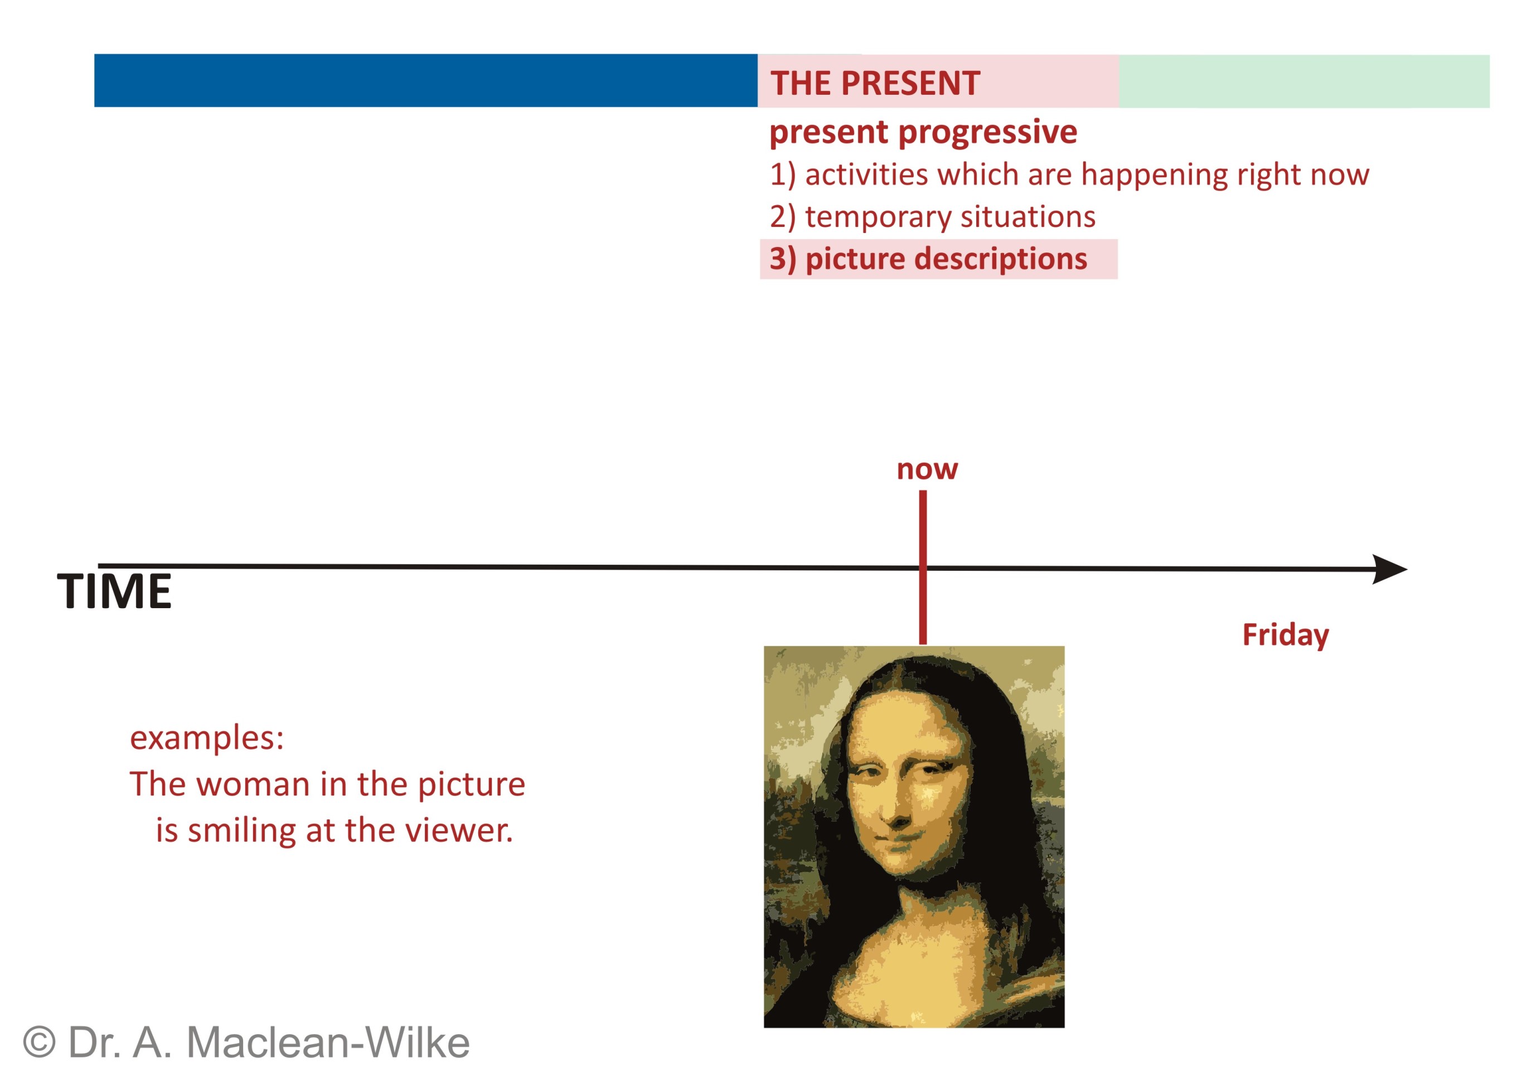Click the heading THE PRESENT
(x=875, y=83)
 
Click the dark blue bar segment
(x=426, y=81)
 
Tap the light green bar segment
(x=1304, y=81)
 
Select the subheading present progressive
(x=923, y=132)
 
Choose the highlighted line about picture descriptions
(x=938, y=259)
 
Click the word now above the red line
(x=927, y=470)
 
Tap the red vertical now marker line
(x=923, y=567)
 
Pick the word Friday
(x=1286, y=635)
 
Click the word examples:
(x=207, y=738)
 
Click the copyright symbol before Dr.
(x=40, y=1042)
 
